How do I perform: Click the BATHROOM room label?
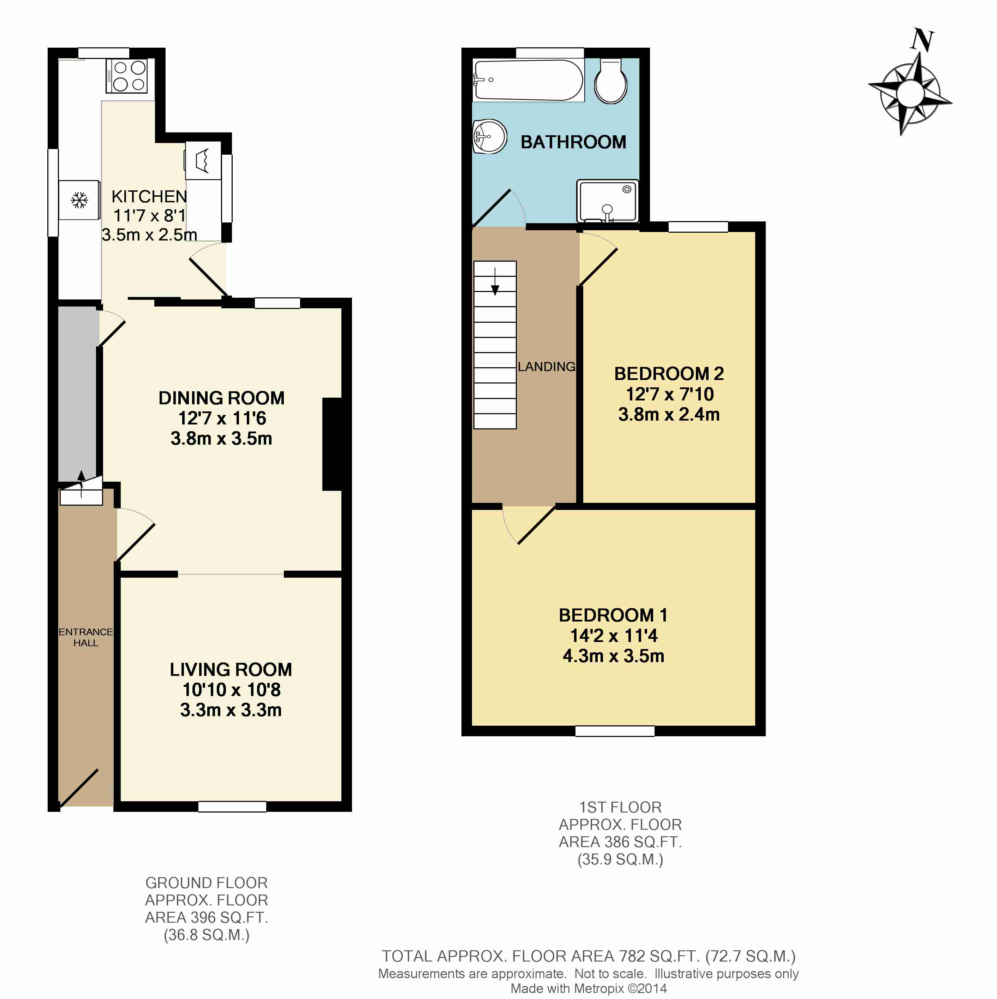pos(573,142)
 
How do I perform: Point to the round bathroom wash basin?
pos(489,137)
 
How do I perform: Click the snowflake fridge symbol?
pos(79,200)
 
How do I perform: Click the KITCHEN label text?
pos(149,196)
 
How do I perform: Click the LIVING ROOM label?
pos(231,670)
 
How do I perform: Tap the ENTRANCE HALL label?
pos(85,637)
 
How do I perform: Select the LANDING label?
pos(546,367)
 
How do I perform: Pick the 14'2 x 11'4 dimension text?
pos(614,636)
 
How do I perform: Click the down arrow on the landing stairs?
pos(495,282)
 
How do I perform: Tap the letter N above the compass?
pos(922,40)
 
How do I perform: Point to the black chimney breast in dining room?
pos(332,444)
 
